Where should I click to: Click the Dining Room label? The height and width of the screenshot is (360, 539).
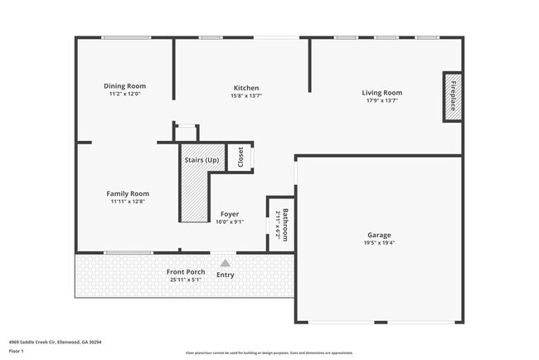point(124,85)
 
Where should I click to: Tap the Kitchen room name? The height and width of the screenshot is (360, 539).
point(246,88)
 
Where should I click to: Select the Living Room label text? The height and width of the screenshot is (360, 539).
point(381,93)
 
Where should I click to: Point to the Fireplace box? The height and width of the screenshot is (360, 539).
point(453,96)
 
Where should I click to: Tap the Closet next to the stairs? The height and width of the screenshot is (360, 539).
point(240,157)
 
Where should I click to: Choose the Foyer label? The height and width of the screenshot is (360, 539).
point(229,214)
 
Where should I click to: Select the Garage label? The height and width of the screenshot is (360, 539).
point(379,235)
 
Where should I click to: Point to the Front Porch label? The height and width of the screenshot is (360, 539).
point(185,272)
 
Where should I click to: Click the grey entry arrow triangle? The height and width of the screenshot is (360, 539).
point(224,263)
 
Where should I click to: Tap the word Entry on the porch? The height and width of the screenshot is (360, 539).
point(225,275)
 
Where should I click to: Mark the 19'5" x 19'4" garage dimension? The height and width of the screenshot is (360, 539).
point(379,243)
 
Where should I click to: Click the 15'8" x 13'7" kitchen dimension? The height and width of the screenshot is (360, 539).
point(246,95)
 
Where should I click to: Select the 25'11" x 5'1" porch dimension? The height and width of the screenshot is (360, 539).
point(185,280)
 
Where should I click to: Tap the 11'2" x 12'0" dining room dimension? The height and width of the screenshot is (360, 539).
point(124,94)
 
